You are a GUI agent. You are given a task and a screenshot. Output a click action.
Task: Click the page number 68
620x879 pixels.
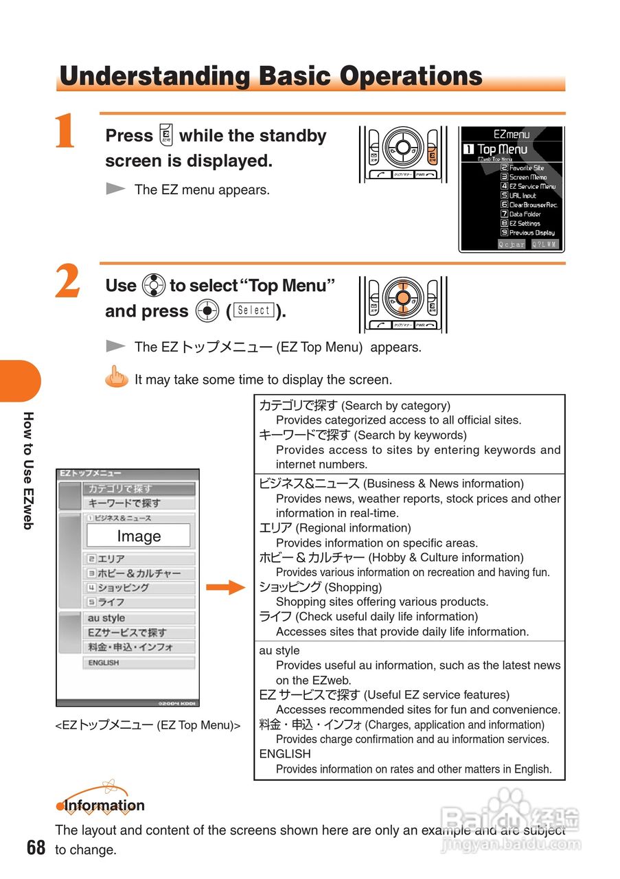[x=36, y=847]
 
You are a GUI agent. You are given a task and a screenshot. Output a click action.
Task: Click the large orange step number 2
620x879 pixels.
[x=67, y=282]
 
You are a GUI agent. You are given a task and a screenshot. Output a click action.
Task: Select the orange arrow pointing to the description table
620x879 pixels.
[x=225, y=587]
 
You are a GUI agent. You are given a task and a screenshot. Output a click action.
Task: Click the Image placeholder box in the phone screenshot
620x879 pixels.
[x=139, y=536]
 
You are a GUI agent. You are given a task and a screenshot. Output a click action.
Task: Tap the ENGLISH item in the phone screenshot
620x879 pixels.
[x=104, y=663]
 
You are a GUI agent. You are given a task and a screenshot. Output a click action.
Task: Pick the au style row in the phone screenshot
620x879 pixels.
[x=106, y=618]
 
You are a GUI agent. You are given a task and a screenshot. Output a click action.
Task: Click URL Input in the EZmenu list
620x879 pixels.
[x=523, y=196]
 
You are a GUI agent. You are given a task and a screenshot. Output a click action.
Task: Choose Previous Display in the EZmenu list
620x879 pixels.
[x=531, y=233]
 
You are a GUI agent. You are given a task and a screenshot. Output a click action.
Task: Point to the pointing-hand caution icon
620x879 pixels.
[x=117, y=377]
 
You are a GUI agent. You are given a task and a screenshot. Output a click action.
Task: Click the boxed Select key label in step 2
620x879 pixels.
[x=254, y=310]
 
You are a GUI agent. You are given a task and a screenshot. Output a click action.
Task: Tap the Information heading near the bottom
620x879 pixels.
[x=104, y=806]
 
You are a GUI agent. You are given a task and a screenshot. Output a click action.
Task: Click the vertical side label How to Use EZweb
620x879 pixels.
[x=28, y=470]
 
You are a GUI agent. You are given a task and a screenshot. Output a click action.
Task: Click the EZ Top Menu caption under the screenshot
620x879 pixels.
[x=148, y=725]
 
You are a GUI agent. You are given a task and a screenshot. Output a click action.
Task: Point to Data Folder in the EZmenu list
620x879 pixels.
[x=525, y=214]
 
